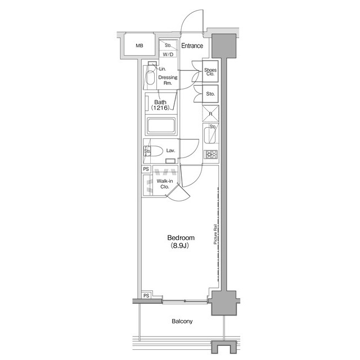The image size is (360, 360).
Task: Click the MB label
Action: click(x=139, y=46)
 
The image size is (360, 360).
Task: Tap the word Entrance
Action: click(x=192, y=46)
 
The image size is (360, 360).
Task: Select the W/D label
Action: click(x=168, y=55)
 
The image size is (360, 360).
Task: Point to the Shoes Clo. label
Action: click(x=210, y=71)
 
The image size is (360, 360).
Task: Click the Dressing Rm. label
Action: click(x=168, y=80)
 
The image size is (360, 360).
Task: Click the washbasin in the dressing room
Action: click(x=150, y=78)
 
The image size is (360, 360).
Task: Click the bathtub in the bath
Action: click(x=161, y=125)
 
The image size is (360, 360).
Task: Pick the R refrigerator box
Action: click(x=210, y=114)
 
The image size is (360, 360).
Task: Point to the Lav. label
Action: click(x=171, y=151)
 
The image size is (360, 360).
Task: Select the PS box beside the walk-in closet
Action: click(x=146, y=169)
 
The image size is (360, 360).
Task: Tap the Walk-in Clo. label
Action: click(x=164, y=184)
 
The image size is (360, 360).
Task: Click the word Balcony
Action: click(x=182, y=322)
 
